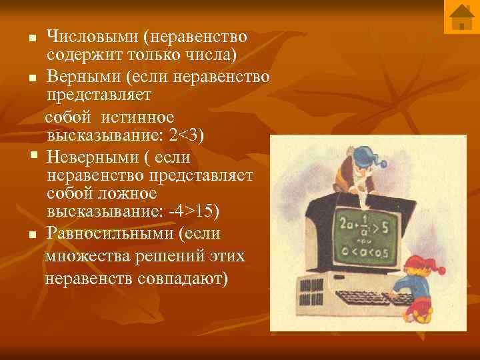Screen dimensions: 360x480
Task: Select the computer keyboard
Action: pos(370,298)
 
